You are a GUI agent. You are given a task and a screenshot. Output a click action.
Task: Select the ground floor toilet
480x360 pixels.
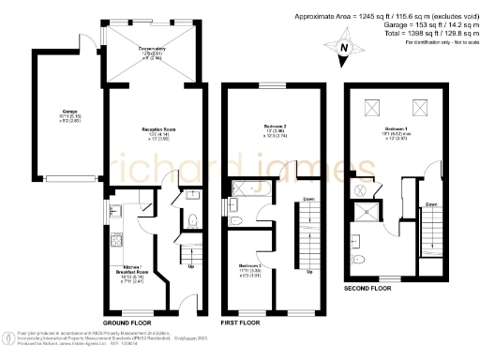click(190, 220)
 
